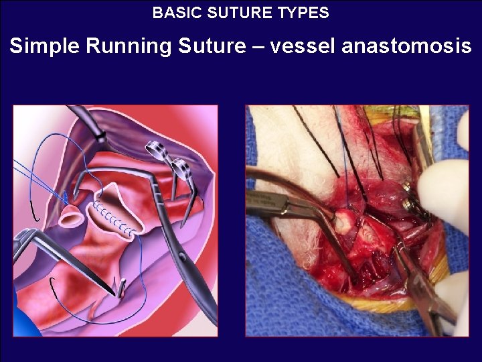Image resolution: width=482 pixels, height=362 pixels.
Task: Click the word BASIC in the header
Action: pyautogui.click(x=172, y=12)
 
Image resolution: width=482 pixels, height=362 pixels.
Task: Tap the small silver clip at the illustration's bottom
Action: pyautogui.click(x=120, y=289)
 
